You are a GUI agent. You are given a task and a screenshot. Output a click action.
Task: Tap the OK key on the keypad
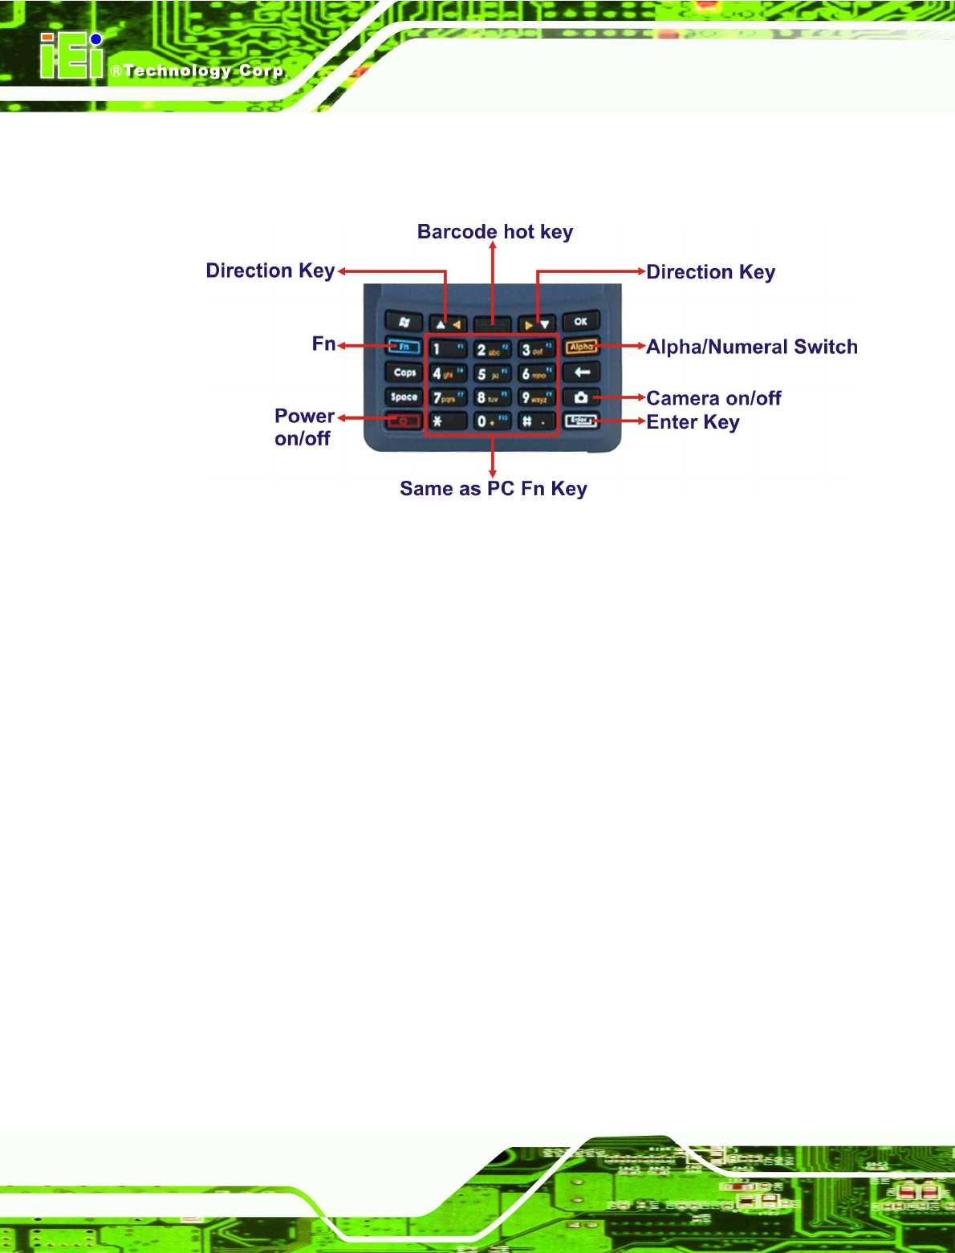(x=580, y=322)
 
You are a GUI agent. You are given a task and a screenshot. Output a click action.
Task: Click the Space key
(x=404, y=397)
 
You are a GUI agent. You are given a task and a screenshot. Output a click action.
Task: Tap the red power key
(x=404, y=421)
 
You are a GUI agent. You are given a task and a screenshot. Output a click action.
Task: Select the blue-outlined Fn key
(x=404, y=347)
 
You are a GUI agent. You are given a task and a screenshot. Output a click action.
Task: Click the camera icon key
(x=580, y=397)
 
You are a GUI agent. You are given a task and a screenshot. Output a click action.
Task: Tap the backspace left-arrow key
(x=581, y=372)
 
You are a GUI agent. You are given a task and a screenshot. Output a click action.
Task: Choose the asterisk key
(x=445, y=421)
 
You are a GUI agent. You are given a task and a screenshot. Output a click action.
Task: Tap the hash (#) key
(x=535, y=421)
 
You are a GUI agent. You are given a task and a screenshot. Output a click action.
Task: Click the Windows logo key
(x=404, y=322)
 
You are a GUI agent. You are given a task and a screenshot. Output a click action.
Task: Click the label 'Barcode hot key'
(x=494, y=232)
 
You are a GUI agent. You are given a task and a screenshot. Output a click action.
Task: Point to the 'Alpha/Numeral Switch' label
(x=752, y=347)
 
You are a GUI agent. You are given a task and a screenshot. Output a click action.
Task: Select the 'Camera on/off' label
(x=713, y=398)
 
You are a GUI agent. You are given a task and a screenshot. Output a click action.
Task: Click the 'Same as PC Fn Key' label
(x=494, y=489)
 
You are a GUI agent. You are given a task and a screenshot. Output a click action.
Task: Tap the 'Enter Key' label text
(x=693, y=422)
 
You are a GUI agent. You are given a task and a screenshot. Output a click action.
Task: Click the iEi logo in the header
(x=72, y=57)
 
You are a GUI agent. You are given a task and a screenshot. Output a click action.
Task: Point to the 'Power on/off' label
(x=303, y=427)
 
